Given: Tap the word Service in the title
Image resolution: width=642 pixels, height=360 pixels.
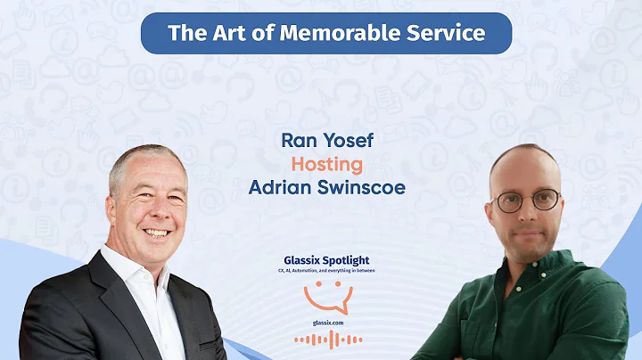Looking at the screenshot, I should pos(446,33).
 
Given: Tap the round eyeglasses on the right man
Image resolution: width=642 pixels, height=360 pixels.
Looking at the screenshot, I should pos(526,201).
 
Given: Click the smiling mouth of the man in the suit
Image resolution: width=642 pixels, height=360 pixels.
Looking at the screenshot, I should pos(157,233).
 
